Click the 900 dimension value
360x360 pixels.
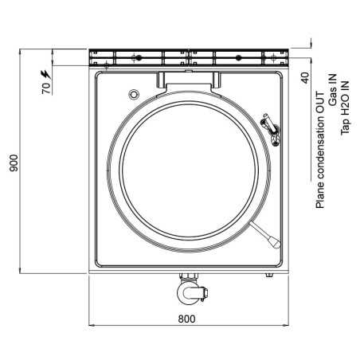[x=14, y=162]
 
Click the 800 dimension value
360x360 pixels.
[x=186, y=319]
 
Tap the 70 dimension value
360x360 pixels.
[x=46, y=88]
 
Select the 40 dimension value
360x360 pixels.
[x=306, y=78]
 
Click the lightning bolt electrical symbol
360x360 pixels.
[x=46, y=74]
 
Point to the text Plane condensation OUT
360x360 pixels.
[x=320, y=151]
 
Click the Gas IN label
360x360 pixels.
[x=332, y=90]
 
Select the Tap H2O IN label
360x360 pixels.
[x=345, y=108]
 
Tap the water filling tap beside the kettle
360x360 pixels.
[x=271, y=129]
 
